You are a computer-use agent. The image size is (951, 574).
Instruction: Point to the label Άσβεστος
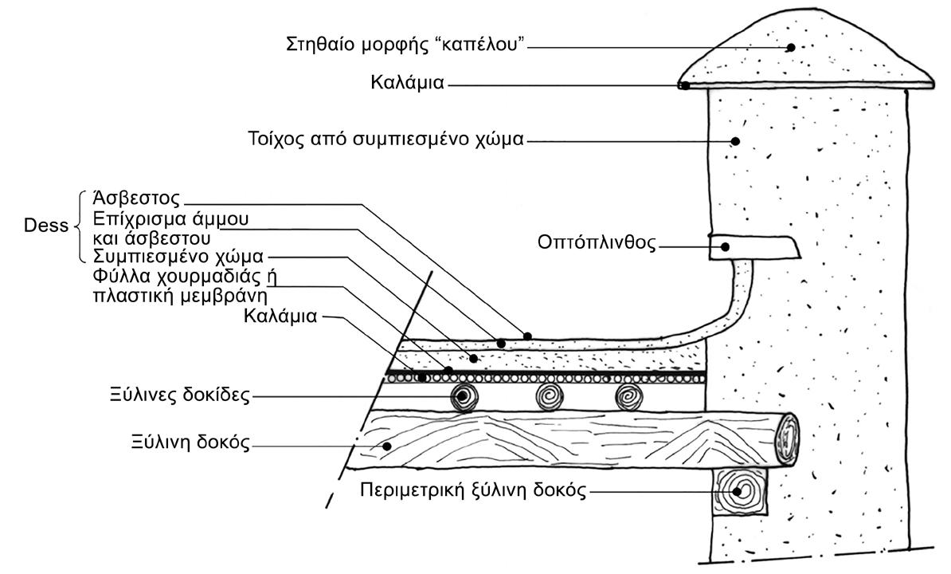click(138, 199)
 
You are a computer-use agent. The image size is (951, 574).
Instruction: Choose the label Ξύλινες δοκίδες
click(182, 394)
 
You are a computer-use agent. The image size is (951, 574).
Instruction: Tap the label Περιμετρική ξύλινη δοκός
click(473, 490)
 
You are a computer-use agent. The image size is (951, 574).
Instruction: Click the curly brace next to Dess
click(80, 226)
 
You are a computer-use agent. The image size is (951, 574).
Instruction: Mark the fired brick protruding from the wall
click(753, 247)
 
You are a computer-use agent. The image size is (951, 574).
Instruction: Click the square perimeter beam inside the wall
click(742, 491)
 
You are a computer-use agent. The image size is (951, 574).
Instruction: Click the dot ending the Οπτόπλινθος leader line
click(726, 246)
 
